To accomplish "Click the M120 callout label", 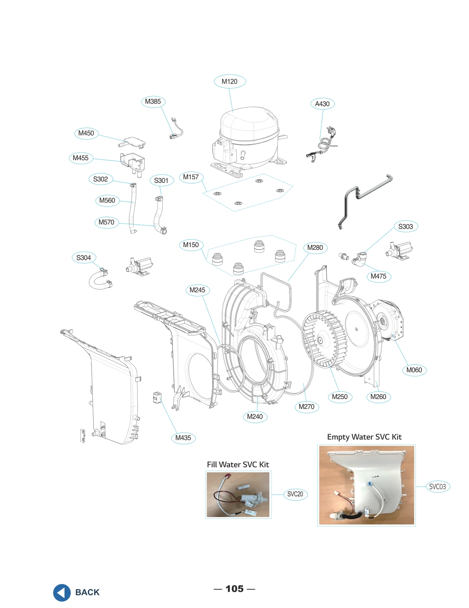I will [x=230, y=81].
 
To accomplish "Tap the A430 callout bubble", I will [x=322, y=103].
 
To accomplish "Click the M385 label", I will [x=153, y=101].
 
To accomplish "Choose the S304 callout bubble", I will [x=84, y=257].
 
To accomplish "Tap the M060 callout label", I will [x=414, y=370].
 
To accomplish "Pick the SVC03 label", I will [x=437, y=486].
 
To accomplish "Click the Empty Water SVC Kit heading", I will [x=364, y=437].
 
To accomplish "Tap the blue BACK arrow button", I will [x=62, y=592].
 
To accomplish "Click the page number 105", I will [x=234, y=589].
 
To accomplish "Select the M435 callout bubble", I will [x=183, y=438].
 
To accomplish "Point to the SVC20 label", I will [x=295, y=494].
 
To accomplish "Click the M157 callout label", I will [x=191, y=177].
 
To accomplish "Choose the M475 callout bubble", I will [x=378, y=276].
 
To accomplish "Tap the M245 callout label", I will [x=197, y=290].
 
